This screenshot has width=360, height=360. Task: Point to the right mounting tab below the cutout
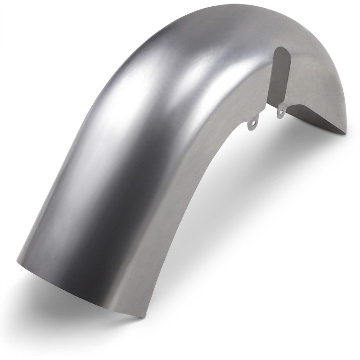[x=280, y=111]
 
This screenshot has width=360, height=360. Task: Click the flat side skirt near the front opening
[x=144, y=270]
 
